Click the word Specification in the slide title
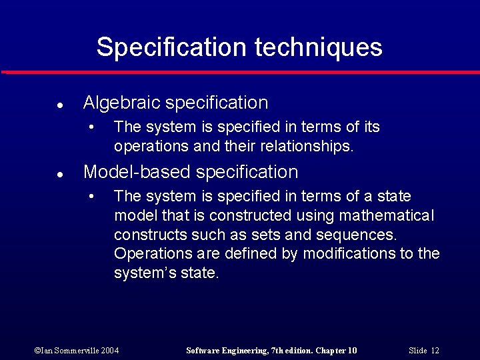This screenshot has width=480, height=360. (x=171, y=47)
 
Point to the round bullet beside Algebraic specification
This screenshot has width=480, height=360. (x=60, y=105)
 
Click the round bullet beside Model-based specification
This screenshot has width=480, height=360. (x=60, y=175)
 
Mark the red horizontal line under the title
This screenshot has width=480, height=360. (x=240, y=72)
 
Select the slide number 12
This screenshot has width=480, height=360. (x=435, y=351)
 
